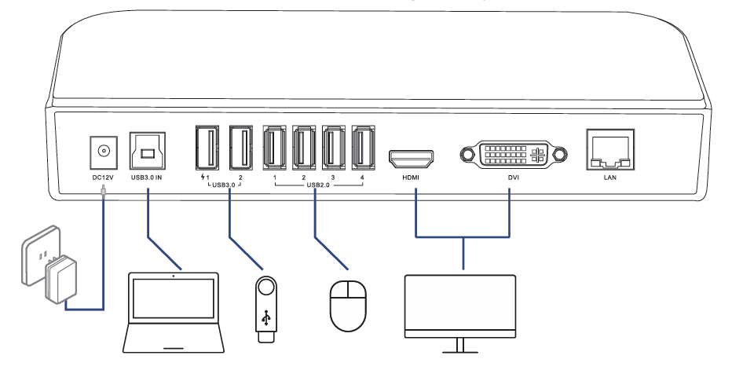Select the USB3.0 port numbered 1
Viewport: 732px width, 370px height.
pos(207,148)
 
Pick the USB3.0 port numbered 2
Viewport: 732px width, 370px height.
pos(241,148)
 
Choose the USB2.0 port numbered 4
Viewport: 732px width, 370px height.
pos(362,148)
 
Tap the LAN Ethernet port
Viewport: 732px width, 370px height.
pos(608,151)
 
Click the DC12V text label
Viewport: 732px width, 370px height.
pos(103,178)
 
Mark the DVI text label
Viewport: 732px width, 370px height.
pos(513,178)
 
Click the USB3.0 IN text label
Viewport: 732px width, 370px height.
pos(147,178)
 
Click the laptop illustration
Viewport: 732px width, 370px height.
pos(174,310)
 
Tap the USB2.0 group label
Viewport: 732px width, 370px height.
pos(317,186)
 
